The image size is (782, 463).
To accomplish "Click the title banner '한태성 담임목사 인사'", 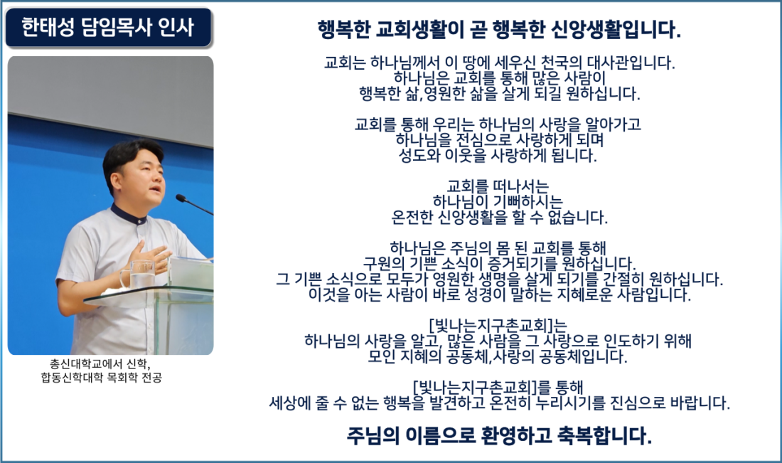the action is [x=109, y=28].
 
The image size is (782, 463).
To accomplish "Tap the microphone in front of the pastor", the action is [x=195, y=205].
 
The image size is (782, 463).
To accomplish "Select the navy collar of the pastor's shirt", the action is [x=129, y=215].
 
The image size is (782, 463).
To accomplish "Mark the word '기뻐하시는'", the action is [x=527, y=201].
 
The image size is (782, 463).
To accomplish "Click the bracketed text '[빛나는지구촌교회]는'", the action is [x=498, y=326].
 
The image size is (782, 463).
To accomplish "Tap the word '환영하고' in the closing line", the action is [x=516, y=435].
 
